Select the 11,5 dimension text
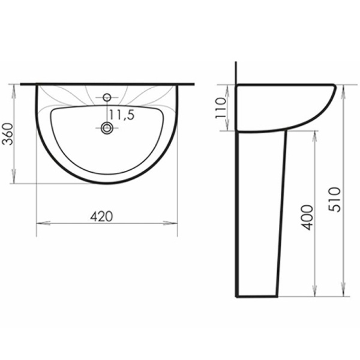tap(121, 116)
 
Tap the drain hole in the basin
tap(107, 127)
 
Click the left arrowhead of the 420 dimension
tap(40, 223)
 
